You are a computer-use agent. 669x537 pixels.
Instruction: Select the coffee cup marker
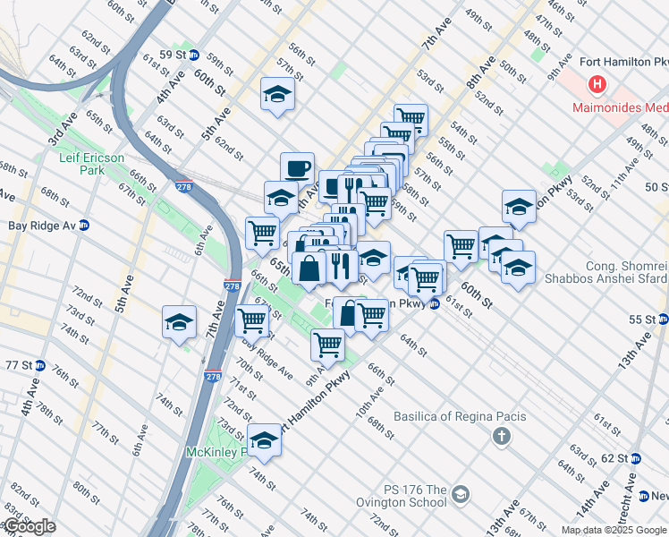click(x=297, y=167)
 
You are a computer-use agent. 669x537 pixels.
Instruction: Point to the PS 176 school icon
click(x=461, y=494)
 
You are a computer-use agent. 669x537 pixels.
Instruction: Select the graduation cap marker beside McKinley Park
click(x=263, y=439)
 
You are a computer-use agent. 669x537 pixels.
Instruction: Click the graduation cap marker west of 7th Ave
click(x=179, y=322)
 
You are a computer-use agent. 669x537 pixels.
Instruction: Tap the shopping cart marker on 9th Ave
click(x=328, y=343)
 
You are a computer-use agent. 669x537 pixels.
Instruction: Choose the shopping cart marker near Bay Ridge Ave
click(x=251, y=320)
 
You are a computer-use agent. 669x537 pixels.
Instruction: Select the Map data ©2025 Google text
click(x=614, y=530)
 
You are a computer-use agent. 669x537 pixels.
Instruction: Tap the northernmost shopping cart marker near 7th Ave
click(x=410, y=118)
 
